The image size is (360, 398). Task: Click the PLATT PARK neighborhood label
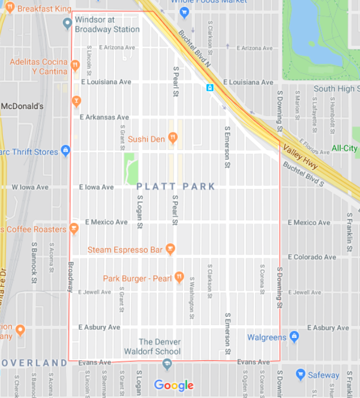(176, 187)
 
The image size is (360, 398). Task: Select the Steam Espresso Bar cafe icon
(171, 250)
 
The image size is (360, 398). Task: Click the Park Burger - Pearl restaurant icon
(179, 277)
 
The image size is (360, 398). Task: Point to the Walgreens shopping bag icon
(294, 337)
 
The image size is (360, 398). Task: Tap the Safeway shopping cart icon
(301, 374)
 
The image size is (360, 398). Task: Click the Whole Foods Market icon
(185, 11)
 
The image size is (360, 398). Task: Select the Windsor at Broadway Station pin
(67, 23)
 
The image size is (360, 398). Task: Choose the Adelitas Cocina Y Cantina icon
(74, 66)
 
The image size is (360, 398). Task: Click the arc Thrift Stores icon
(66, 151)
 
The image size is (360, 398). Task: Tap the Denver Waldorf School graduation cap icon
(167, 364)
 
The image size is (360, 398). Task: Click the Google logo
(174, 385)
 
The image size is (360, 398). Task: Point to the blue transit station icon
(210, 87)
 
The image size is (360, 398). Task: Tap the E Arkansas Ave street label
(104, 117)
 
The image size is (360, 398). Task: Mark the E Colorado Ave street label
(312, 257)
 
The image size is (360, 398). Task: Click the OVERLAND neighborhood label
(33, 363)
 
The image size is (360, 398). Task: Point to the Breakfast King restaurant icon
(9, 9)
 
